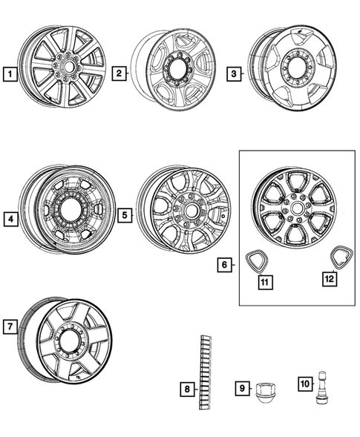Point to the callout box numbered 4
tap(10, 218)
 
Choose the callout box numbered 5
tap(124, 215)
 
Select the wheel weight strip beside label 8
tap(205, 372)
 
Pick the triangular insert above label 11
tap(257, 260)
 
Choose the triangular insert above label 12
tap(341, 256)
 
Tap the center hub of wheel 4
tap(73, 210)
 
